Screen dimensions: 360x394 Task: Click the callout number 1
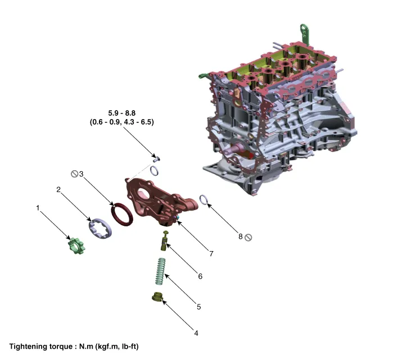click(38, 208)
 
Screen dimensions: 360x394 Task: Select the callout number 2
click(58, 190)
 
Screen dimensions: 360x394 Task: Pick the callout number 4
click(196, 332)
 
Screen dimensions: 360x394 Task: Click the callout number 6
click(200, 276)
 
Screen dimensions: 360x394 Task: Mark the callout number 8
click(240, 236)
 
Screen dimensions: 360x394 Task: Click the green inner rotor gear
click(75, 246)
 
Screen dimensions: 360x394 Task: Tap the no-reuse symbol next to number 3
click(73, 174)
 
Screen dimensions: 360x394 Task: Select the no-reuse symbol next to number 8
click(248, 237)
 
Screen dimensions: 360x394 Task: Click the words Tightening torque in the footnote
click(42, 347)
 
